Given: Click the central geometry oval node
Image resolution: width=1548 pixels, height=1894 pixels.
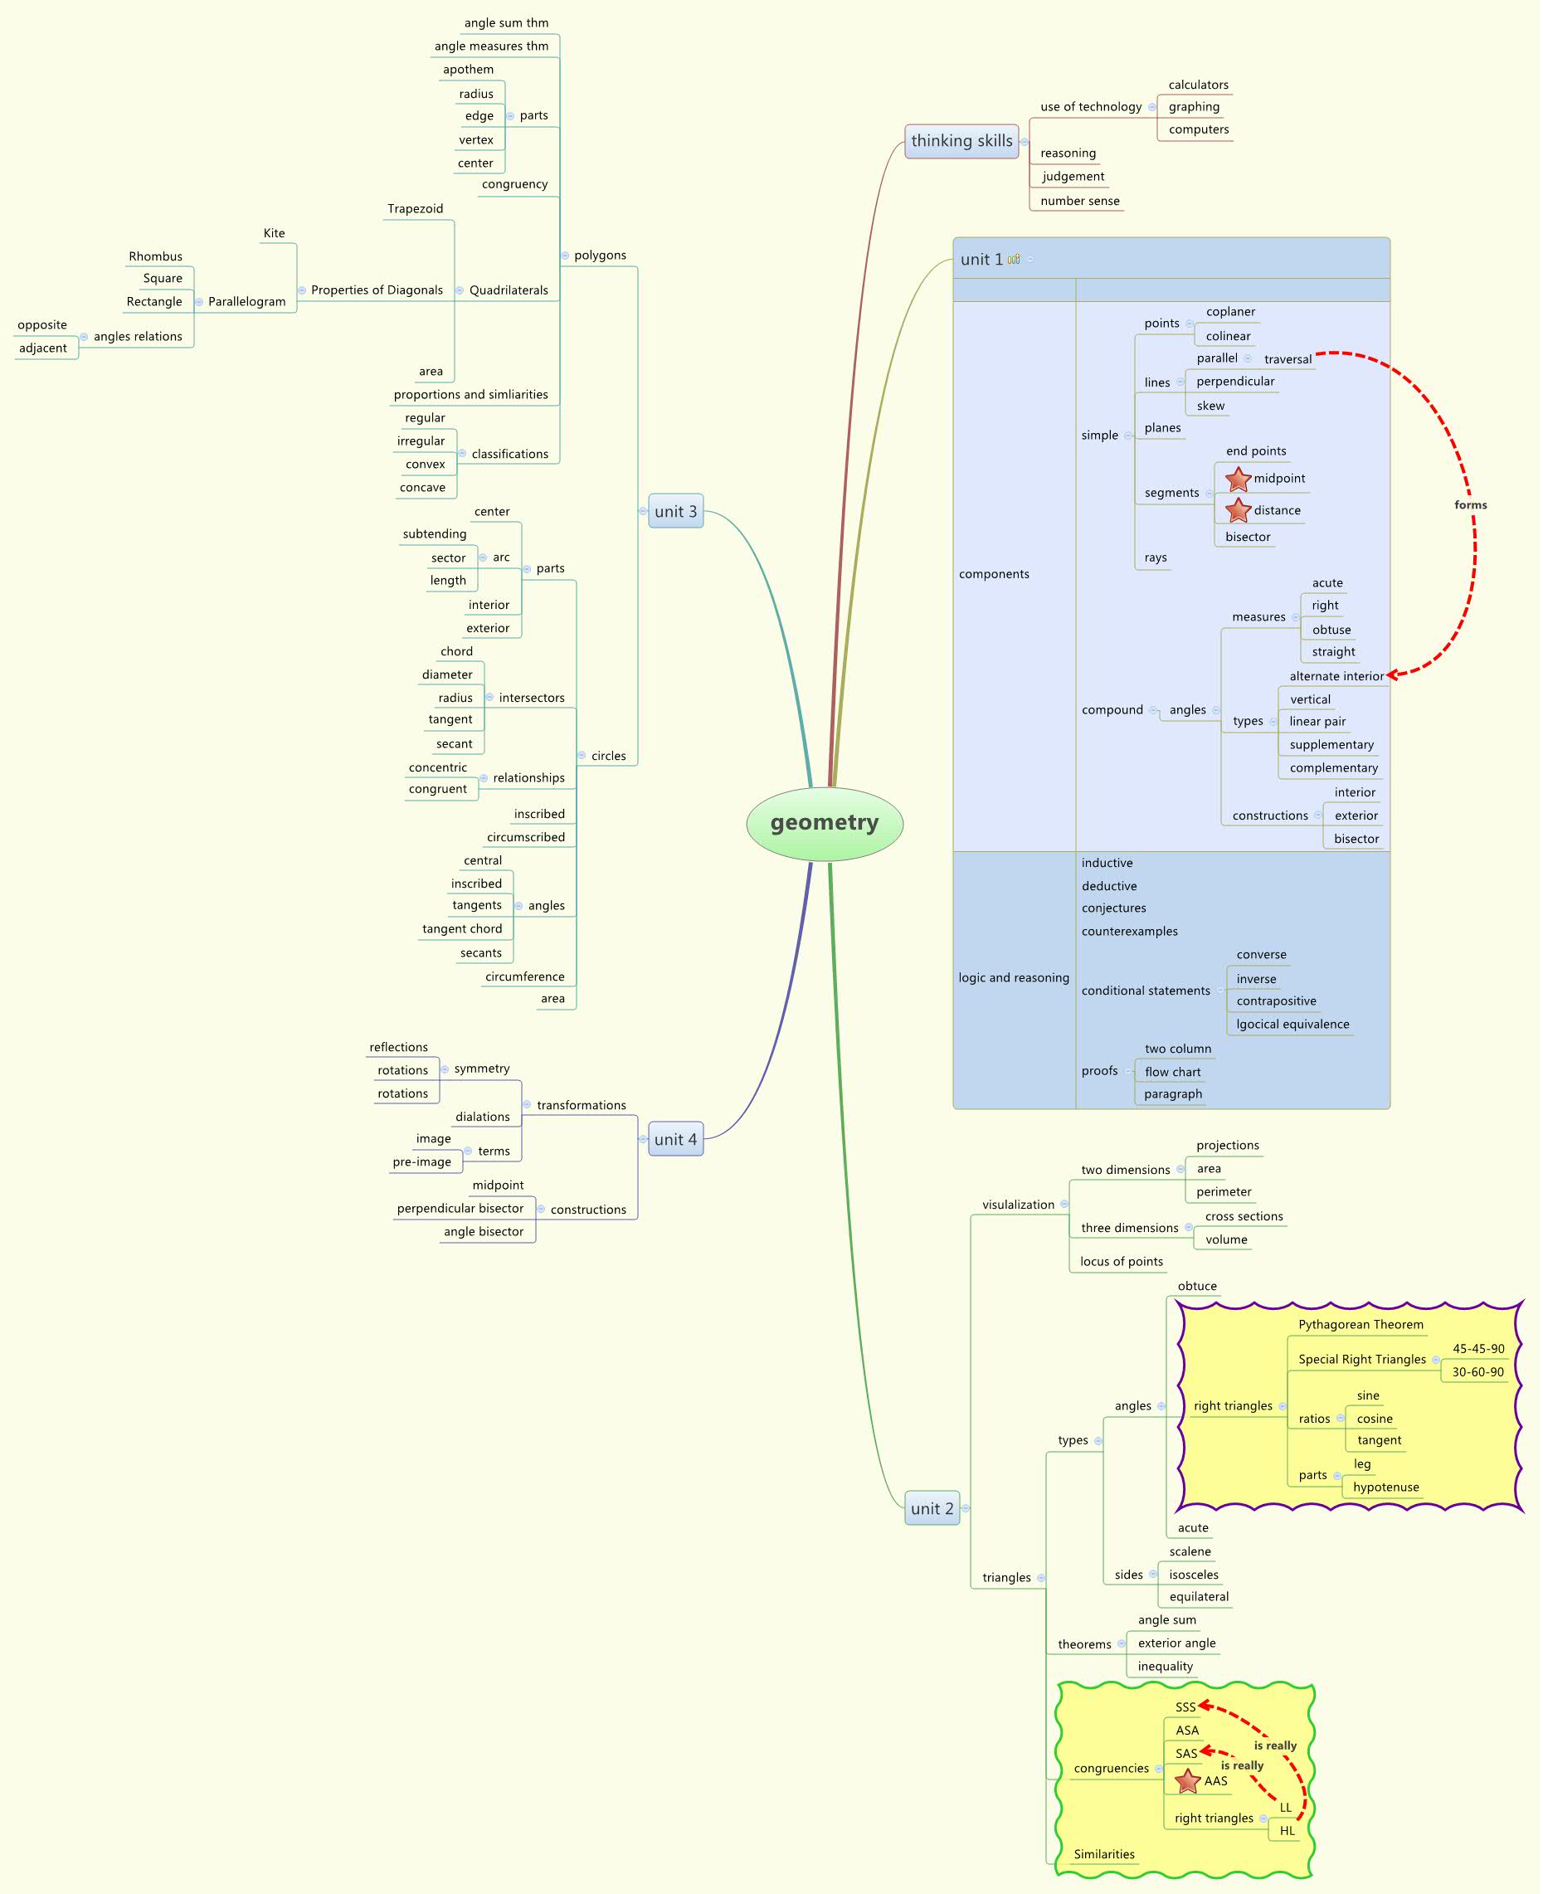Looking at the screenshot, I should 824,823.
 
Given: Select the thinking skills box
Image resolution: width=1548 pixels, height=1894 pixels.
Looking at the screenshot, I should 961,141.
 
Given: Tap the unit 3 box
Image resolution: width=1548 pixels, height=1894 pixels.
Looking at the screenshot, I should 675,511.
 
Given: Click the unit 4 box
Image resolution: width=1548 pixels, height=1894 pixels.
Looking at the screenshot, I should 675,1139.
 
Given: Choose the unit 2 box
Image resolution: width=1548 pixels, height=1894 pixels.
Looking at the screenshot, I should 932,1508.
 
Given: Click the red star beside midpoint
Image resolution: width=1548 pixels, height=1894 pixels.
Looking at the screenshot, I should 1238,479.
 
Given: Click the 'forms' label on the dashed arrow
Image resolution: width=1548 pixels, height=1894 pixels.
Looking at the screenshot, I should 1470,504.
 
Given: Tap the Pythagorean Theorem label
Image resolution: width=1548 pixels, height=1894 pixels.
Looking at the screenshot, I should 1361,1324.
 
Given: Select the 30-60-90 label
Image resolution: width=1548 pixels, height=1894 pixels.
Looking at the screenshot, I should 1477,1371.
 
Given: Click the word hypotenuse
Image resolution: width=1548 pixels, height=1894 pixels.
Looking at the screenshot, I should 1385,1487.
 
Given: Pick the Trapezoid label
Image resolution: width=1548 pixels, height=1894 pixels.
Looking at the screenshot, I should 415,209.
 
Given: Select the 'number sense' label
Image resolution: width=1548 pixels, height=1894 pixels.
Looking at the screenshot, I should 1080,201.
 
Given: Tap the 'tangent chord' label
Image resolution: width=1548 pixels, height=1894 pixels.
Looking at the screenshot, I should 462,928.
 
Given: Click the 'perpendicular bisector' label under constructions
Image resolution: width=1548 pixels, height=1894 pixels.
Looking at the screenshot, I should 460,1208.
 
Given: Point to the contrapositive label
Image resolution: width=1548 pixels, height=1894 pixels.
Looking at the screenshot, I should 1276,1001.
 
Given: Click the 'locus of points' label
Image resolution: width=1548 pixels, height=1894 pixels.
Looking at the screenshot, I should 1121,1261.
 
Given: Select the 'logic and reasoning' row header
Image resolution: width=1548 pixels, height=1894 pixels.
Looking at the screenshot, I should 1014,977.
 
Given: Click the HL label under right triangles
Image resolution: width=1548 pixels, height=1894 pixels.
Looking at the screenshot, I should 1287,1831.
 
